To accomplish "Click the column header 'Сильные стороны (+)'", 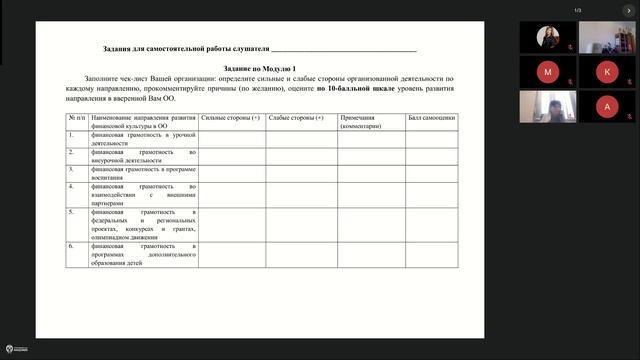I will (231, 118).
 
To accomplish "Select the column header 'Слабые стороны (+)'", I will (297, 118).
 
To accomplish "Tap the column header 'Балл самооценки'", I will (432, 118).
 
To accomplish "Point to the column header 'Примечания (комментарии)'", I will (370, 122).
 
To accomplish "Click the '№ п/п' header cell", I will (76, 118).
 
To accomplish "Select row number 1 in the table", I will (71, 134).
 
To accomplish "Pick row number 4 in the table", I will (71, 186).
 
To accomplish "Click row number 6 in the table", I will (71, 245).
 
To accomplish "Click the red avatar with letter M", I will (547, 72).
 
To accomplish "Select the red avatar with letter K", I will (607, 72).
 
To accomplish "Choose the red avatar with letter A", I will (607, 107).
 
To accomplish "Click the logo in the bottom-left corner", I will (13, 351).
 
